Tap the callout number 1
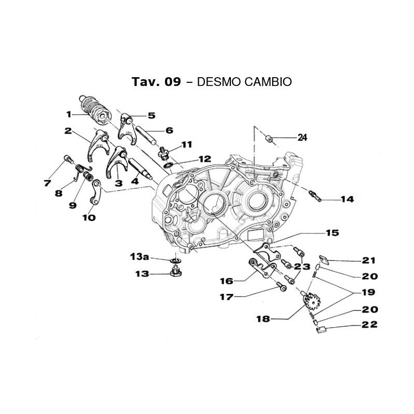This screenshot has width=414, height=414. (x=68, y=114)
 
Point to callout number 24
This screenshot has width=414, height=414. (x=302, y=138)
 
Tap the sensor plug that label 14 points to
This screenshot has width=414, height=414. (x=314, y=195)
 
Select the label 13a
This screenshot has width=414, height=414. (x=139, y=257)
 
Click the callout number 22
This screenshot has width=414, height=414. (x=370, y=325)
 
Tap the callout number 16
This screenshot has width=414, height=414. (x=227, y=280)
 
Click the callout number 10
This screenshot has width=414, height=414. (x=88, y=218)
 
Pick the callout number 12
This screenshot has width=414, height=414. (x=190, y=159)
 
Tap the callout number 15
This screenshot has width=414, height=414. (x=332, y=233)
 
